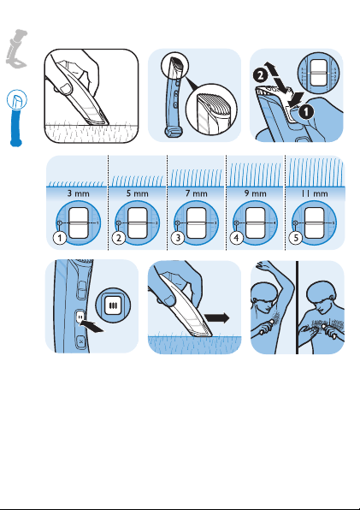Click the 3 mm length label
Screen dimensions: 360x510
tap(78, 193)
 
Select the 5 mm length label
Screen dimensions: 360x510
tap(137, 193)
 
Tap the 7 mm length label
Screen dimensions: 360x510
tap(196, 193)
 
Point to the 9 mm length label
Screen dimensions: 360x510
tap(256, 193)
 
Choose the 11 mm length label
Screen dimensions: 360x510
tap(314, 193)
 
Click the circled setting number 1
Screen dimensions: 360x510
tap(60, 238)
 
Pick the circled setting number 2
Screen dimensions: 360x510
tap(119, 238)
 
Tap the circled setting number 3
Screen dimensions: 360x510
tap(178, 238)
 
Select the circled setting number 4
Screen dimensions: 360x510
tap(237, 238)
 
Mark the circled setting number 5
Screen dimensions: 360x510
tap(296, 238)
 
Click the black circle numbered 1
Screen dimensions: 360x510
tap(306, 112)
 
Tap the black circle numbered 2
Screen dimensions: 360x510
tap(261, 76)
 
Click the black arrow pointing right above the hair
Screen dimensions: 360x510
tap(217, 318)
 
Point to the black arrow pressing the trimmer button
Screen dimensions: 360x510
tap(92, 326)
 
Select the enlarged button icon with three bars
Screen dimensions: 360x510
tap(113, 305)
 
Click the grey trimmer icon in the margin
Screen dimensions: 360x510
tap(16, 49)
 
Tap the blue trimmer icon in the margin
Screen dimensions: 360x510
tap(16, 118)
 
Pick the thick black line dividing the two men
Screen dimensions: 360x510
tap(297, 307)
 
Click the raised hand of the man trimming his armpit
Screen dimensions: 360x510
tap(264, 265)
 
